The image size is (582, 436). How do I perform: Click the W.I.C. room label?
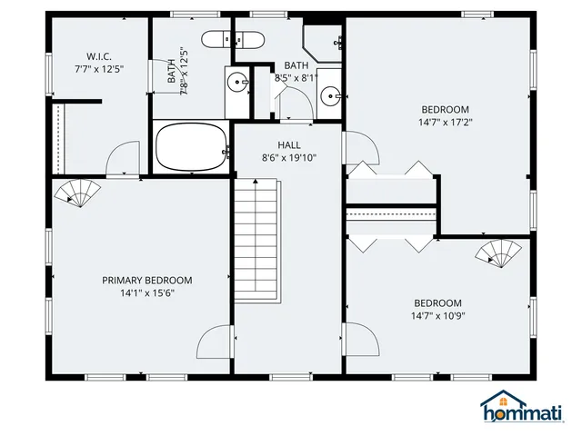click(100, 56)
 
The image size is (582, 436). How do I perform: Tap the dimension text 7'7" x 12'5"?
click(100, 68)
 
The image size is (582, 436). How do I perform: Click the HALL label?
click(289, 144)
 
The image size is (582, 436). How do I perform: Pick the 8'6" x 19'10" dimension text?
click(289, 157)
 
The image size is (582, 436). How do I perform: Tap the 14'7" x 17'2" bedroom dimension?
click(445, 122)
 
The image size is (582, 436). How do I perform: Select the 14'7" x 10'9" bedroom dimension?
click(437, 316)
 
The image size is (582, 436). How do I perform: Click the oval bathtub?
click(191, 147)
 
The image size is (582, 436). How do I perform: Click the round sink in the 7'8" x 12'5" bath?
click(238, 82)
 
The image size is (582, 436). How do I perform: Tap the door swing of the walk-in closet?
click(121, 160)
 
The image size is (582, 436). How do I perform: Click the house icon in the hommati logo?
click(497, 401)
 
